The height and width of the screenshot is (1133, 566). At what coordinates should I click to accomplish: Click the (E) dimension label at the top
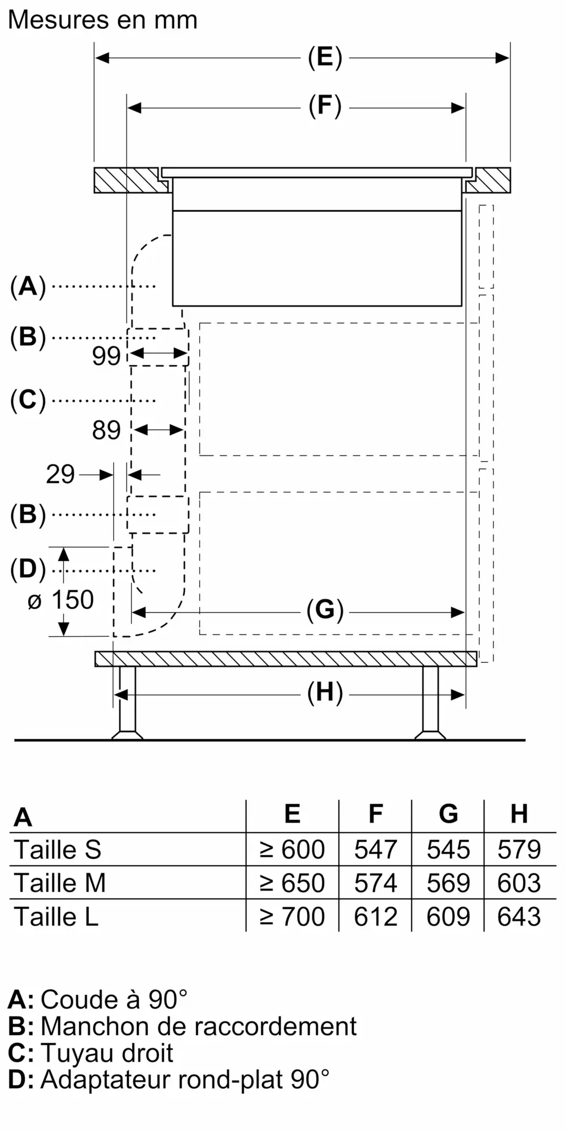[x=325, y=58]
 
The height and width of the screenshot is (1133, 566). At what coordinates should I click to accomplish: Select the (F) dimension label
[x=325, y=107]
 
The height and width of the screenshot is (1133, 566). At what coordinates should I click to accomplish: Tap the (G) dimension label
[x=325, y=611]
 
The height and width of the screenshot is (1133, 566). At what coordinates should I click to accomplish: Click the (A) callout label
[x=28, y=287]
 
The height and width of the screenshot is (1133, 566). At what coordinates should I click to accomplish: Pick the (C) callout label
[x=28, y=401]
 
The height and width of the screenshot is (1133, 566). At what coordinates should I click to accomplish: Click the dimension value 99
[x=106, y=356]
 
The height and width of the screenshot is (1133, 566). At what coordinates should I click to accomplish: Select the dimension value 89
[x=106, y=431]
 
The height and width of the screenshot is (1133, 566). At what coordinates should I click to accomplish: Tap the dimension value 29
[x=60, y=474]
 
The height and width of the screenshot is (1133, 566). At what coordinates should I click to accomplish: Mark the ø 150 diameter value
[x=61, y=600]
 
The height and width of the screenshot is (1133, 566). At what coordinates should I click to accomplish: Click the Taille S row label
[x=58, y=850]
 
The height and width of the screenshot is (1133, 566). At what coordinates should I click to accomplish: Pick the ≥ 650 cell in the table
[x=292, y=883]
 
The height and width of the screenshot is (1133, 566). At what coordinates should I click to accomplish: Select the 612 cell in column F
[x=375, y=917]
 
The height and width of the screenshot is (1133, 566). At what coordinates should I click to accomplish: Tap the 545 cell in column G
[x=448, y=850]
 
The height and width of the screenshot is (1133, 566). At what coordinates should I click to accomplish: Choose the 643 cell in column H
[x=519, y=917]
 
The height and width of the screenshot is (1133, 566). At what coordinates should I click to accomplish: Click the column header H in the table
[x=519, y=814]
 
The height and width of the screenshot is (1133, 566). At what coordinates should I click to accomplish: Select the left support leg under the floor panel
[x=127, y=702]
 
